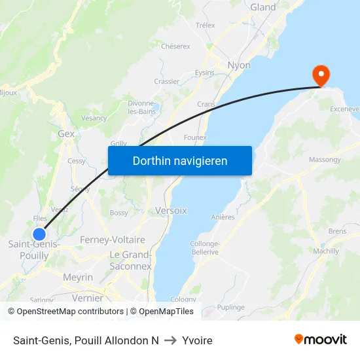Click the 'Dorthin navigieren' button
[x=180, y=160]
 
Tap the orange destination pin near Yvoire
[x=321, y=75]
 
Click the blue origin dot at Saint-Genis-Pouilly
[x=39, y=234]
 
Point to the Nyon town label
[x=239, y=65]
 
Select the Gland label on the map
[x=263, y=7]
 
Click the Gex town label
[x=66, y=134]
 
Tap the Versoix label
[x=171, y=211]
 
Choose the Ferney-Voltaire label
[x=113, y=240]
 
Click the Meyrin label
[x=78, y=278]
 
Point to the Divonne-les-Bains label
[x=141, y=107]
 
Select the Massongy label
[x=325, y=160]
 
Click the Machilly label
[x=326, y=251]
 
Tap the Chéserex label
[x=175, y=46]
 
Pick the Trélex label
[x=205, y=26]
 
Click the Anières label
[x=223, y=217]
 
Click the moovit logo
[x=321, y=339]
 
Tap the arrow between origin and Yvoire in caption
[x=170, y=340]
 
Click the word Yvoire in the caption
[x=197, y=340]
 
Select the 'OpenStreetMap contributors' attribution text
[x=70, y=312]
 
